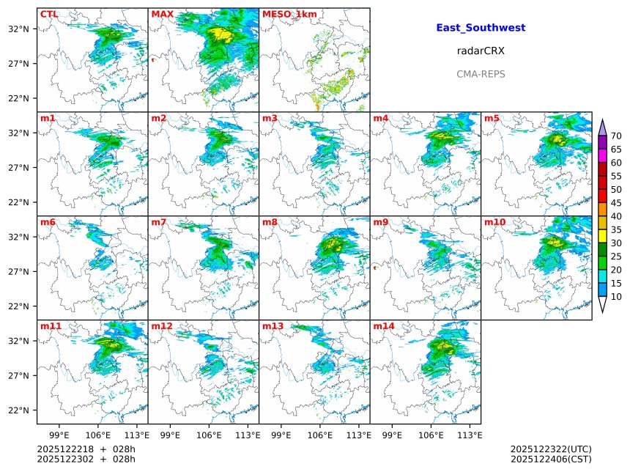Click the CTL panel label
pos(49,14)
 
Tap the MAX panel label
pos(162,14)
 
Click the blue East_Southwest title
pos(481,28)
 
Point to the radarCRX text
pos(481,51)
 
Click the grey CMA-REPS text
pos(481,74)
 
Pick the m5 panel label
pos(492,118)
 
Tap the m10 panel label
pos(494,222)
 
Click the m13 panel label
pos(273,326)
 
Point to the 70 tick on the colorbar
pos(616,136)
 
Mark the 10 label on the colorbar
pos(616,297)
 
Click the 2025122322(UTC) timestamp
pos(551,449)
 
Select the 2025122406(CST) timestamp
pos(551,460)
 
